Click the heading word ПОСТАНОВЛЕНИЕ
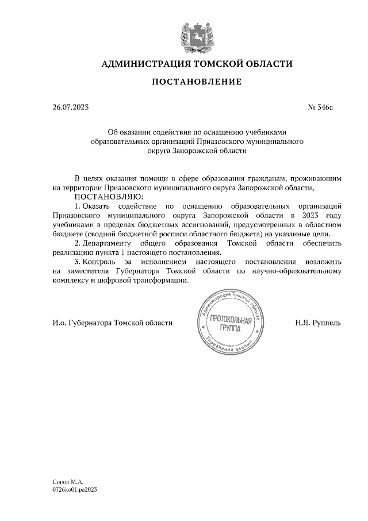tap(196, 82)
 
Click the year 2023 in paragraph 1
tap(315, 214)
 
